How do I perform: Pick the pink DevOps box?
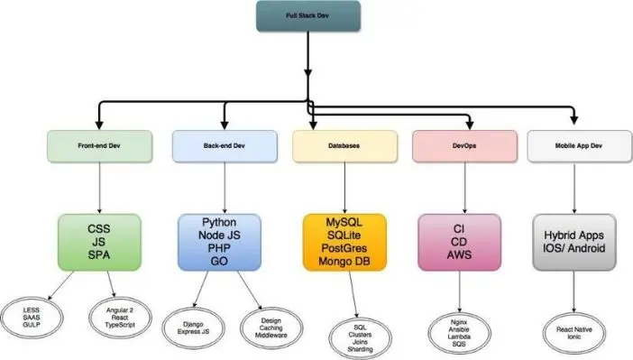pyautogui.click(x=463, y=144)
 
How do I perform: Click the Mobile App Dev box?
pyautogui.click(x=573, y=144)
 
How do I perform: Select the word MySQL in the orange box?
pyautogui.click(x=344, y=221)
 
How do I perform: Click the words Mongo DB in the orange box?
pyautogui.click(x=344, y=262)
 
